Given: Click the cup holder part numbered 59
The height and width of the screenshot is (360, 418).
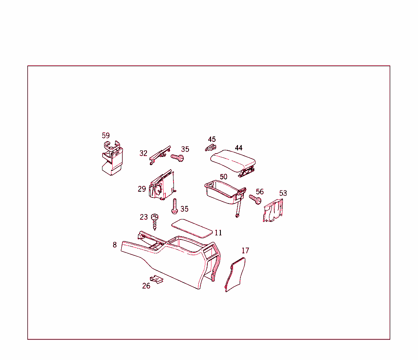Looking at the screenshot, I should pyautogui.click(x=112, y=159).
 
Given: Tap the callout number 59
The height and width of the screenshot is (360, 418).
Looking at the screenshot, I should pyautogui.click(x=106, y=136).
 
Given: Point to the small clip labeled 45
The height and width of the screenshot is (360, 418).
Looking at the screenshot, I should pyautogui.click(x=210, y=148).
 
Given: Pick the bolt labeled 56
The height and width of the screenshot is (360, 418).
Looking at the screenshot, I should pyautogui.click(x=256, y=200).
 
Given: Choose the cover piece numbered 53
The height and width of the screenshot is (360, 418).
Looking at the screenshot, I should pyautogui.click(x=273, y=211).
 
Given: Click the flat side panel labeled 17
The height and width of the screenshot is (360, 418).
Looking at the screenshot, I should pyautogui.click(x=236, y=275).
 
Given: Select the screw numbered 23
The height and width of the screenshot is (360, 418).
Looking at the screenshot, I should pyautogui.click(x=155, y=221).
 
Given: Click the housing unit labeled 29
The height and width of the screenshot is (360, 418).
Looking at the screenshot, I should pyautogui.click(x=162, y=186).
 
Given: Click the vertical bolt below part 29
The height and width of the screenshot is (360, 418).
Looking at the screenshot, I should pyautogui.click(x=174, y=206).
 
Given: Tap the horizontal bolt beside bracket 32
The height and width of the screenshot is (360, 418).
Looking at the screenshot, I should pyautogui.click(x=177, y=157).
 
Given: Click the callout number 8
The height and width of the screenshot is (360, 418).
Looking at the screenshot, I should pyautogui.click(x=115, y=245).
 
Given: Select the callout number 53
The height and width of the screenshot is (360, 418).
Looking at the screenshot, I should pyautogui.click(x=283, y=193).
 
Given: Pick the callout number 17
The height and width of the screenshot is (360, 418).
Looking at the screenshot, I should pyautogui.click(x=245, y=250).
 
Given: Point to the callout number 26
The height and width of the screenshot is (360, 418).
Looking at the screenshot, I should pyautogui.click(x=146, y=286).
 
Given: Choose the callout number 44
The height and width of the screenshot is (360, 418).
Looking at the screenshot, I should pyautogui.click(x=239, y=148).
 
